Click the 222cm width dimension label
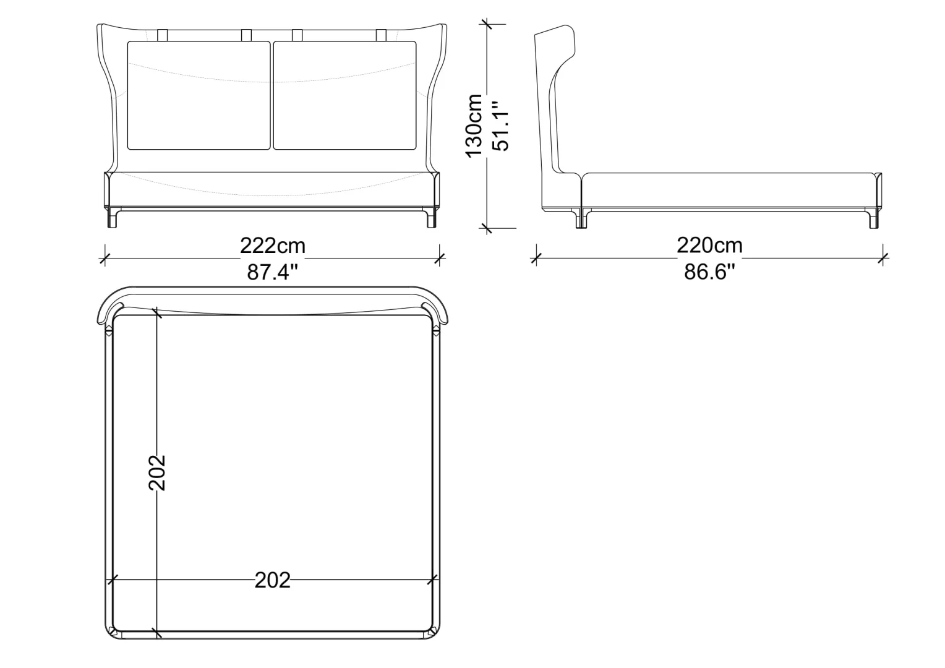coord(273,246)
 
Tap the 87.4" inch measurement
coord(273,272)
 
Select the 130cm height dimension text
coord(474,126)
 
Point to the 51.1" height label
coord(501,126)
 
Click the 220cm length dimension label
coord(709,245)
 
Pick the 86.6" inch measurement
coord(709,272)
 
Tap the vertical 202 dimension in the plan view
coord(157,473)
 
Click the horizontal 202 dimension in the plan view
coord(273,580)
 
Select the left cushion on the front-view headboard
coord(199,95)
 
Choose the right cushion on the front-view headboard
coord(344,95)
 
